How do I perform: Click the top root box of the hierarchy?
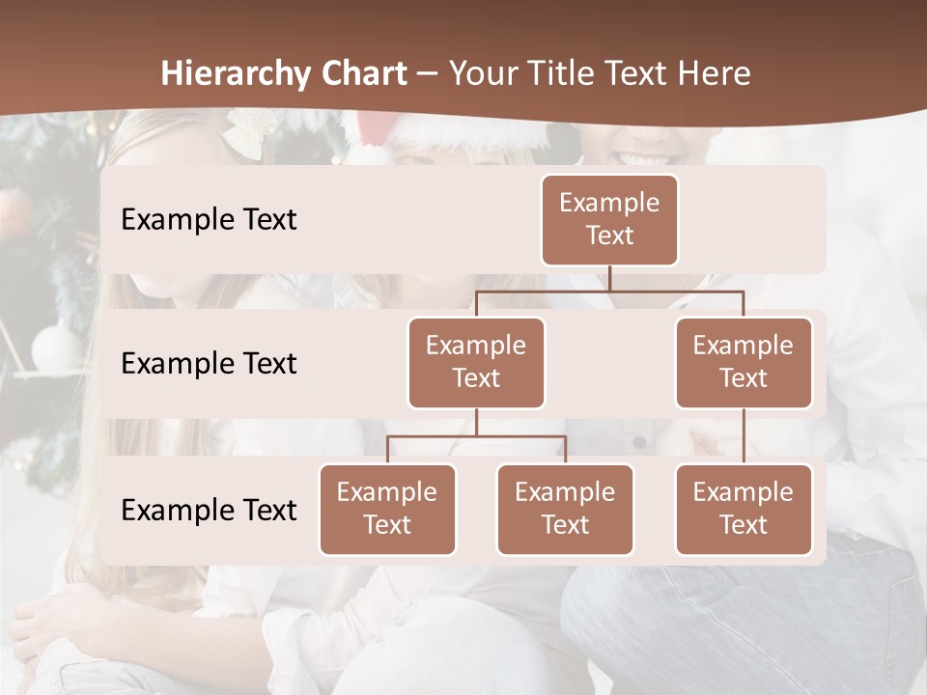(609, 219)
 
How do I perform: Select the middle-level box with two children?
(476, 362)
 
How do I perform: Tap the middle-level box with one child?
(744, 362)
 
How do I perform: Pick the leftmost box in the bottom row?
(387, 509)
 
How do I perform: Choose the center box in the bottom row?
(565, 509)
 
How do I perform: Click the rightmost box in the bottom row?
(744, 509)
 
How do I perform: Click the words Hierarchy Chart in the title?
(284, 73)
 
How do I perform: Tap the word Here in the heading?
(716, 73)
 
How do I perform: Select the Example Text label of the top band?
(209, 219)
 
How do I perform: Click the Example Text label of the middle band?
(209, 363)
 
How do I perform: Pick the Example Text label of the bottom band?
(209, 510)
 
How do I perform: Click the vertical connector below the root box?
(609, 278)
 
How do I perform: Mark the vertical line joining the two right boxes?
(744, 435)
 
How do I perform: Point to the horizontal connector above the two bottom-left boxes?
(476, 436)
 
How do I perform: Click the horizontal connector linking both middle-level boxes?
(609, 291)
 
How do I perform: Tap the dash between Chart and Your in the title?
(428, 74)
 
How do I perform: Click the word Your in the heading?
(481, 73)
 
